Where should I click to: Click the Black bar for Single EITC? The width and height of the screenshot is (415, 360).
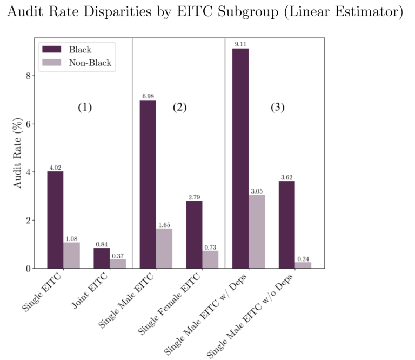pos(55,219)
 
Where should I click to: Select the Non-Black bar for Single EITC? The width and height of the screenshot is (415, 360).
pos(71,255)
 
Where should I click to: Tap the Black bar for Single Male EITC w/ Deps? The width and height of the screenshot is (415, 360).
pos(240,158)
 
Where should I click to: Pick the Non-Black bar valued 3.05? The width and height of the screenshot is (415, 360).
pos(257,231)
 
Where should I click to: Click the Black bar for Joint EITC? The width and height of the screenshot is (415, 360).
pos(102,258)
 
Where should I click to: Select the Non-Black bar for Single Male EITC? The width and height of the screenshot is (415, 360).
pos(164,248)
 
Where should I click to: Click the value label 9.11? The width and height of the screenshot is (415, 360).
pos(240,44)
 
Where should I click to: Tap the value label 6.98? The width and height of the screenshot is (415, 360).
pos(148,96)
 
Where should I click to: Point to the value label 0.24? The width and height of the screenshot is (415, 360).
pos(303,258)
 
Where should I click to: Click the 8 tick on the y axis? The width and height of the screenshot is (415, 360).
pos(29,76)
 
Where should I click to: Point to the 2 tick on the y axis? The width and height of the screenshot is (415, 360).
pos(29,221)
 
